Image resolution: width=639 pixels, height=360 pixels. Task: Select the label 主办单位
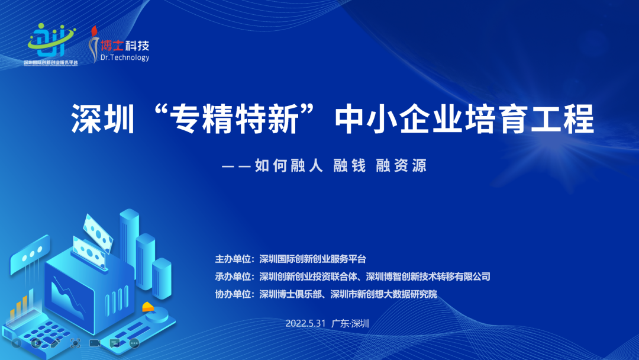click(234, 259)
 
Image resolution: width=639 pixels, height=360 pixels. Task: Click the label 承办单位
click(234, 277)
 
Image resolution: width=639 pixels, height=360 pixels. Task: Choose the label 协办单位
click(234, 294)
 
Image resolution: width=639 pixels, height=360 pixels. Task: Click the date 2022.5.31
click(305, 323)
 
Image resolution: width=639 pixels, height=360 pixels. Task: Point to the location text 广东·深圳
click(350, 323)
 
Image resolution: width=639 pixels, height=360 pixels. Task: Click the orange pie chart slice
click(146, 307)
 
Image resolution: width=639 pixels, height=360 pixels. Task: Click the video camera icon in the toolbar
click(95, 343)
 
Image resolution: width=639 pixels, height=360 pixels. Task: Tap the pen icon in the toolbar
click(55, 343)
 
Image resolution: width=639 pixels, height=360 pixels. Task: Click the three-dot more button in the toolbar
click(134, 343)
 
